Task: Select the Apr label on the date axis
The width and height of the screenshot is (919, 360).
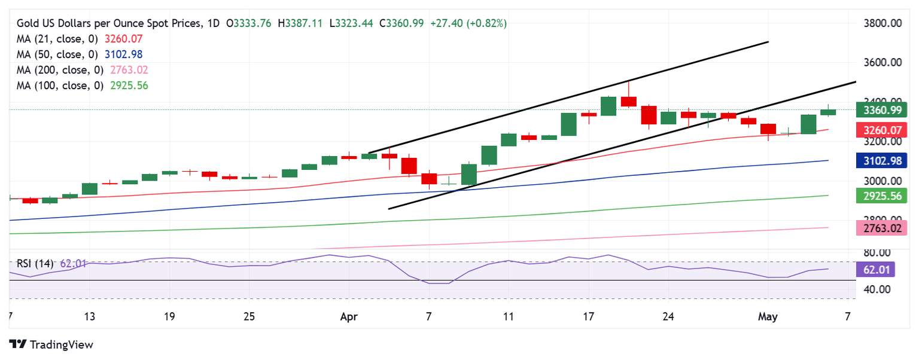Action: pyautogui.click(x=349, y=316)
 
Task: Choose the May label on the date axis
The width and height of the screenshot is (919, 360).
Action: pyautogui.click(x=768, y=316)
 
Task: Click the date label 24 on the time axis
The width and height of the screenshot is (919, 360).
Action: pyautogui.click(x=668, y=316)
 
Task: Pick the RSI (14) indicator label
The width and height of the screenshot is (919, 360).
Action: pyautogui.click(x=35, y=263)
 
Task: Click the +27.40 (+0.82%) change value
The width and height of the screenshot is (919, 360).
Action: pyautogui.click(x=468, y=23)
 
